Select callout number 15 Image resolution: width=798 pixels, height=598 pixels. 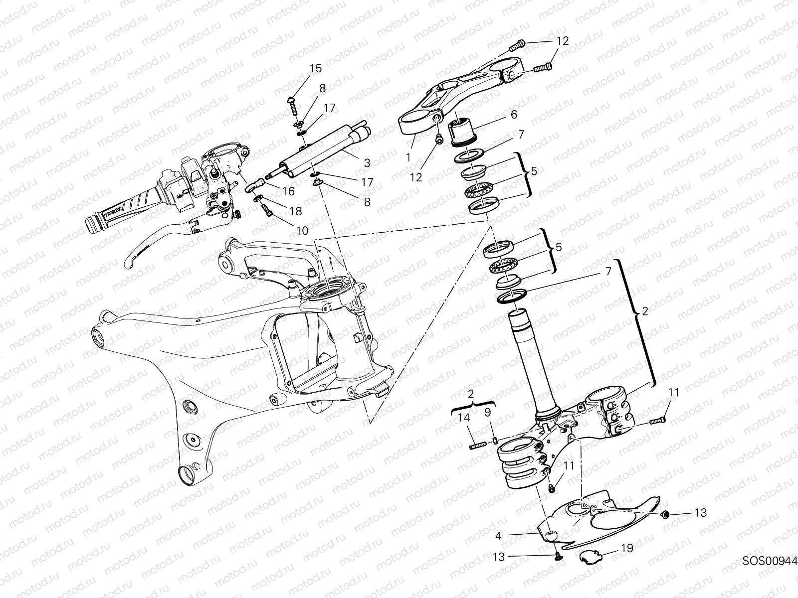point(316,69)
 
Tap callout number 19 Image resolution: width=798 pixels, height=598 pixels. point(627,548)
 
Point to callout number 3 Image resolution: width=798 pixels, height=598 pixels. point(367,162)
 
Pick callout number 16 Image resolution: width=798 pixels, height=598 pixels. point(288,191)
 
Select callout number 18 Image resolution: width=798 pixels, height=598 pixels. point(295,211)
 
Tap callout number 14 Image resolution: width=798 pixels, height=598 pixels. point(464,418)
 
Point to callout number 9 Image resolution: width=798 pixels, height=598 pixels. point(487,412)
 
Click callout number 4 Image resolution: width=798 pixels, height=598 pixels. point(498,536)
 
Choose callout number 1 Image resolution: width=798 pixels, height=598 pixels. point(408,157)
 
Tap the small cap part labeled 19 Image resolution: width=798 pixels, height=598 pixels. point(590,556)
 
